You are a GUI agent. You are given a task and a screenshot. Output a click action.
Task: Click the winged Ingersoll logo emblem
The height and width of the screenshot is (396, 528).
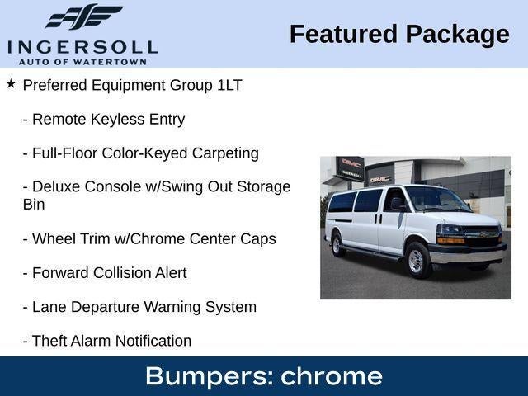tap(84, 16)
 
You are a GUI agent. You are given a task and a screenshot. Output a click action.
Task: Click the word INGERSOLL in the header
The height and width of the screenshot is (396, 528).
tap(82, 48)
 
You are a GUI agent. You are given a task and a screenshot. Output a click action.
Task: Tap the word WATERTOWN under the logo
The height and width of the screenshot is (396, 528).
tap(110, 62)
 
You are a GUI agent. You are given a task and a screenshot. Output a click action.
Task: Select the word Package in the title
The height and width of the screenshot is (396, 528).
tap(457, 35)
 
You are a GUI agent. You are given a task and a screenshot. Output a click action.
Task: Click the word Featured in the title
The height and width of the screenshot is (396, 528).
tap(343, 34)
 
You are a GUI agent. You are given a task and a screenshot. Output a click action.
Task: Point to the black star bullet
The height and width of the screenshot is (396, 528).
tap(11, 84)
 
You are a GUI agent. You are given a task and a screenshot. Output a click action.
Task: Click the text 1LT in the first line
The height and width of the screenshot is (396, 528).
tap(229, 85)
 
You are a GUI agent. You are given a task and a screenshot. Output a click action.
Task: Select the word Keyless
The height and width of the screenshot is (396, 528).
tap(117, 120)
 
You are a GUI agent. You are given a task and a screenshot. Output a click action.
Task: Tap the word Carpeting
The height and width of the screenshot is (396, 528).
tap(225, 153)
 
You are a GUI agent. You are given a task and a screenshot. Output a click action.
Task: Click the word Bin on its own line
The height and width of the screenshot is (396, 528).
tap(34, 205)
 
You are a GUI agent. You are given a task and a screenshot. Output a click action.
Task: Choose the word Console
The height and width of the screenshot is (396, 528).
tap(113, 186)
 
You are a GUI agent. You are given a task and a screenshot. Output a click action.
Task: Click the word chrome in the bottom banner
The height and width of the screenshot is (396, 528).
tap(332, 376)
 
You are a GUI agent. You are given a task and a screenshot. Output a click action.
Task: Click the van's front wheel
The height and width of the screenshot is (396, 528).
tap(417, 261)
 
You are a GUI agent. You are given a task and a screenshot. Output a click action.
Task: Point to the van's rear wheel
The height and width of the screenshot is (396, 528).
tap(337, 245)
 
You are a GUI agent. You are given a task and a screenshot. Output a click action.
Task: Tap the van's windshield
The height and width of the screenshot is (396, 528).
tap(436, 199)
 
